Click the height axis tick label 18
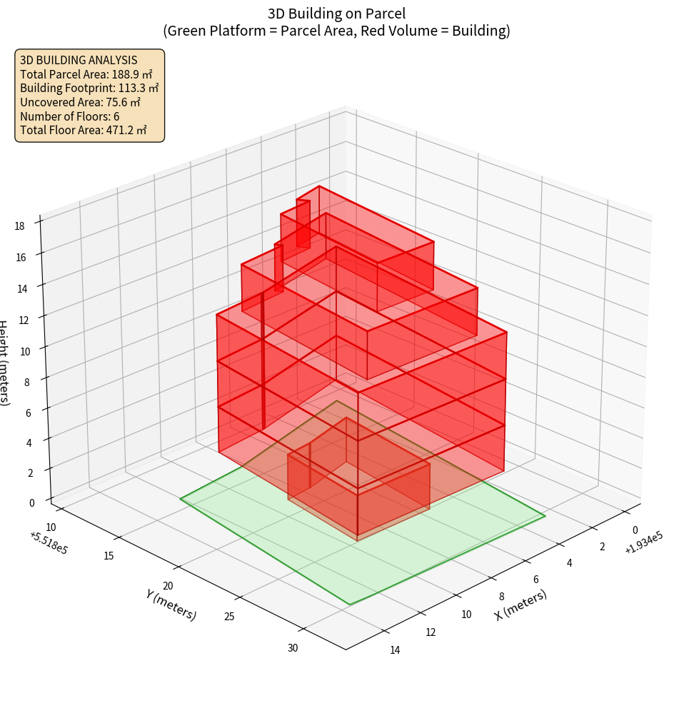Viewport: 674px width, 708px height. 19,226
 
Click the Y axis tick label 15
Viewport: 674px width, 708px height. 109,555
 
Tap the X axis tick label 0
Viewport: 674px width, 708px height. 635,530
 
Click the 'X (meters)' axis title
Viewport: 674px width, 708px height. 520,605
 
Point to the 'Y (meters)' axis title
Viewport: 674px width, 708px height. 171,603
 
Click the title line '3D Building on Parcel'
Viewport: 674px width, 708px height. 337,13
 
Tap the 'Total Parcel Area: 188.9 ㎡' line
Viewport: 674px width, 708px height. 86,74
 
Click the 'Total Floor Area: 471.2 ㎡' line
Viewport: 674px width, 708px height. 84,130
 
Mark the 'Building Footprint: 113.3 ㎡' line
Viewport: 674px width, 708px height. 89,88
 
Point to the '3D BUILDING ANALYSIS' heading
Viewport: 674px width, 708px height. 79,61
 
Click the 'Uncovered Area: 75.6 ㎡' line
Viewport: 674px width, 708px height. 81,102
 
